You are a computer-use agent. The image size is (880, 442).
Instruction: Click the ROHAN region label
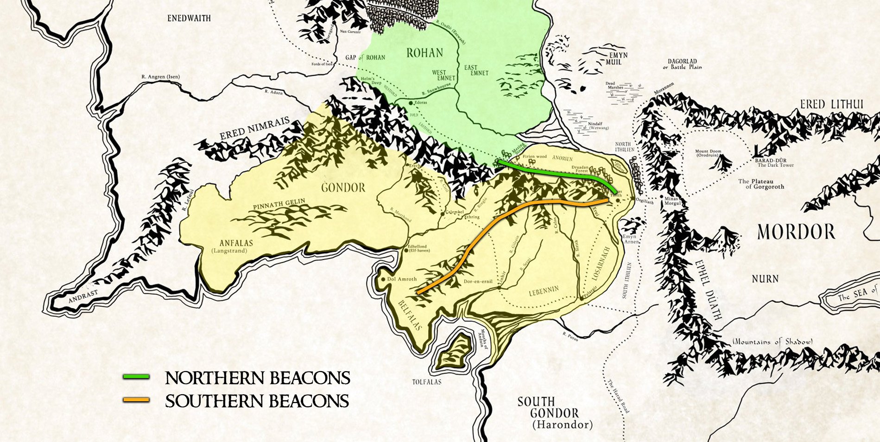click(424, 53)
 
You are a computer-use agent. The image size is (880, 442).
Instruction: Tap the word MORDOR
click(796, 232)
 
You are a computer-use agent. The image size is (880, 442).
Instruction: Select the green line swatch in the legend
click(136, 377)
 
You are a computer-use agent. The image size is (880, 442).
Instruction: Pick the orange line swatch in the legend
click(136, 400)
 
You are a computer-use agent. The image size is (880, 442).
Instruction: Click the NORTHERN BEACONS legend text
click(258, 378)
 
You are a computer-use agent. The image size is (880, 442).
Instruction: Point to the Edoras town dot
click(411, 102)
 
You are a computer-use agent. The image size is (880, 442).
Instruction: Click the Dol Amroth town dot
click(383, 279)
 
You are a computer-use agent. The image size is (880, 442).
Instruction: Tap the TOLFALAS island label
click(427, 382)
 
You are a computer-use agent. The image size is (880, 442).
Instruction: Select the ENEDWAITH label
click(189, 19)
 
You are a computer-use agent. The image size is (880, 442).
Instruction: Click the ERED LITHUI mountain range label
click(831, 105)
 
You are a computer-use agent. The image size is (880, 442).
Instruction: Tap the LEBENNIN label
click(544, 291)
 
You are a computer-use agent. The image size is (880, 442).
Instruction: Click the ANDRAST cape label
click(83, 297)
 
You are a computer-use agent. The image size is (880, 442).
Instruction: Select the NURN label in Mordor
click(765, 279)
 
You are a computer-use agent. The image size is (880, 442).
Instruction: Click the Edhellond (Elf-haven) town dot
click(406, 251)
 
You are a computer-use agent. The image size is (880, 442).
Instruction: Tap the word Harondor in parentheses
click(562, 424)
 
